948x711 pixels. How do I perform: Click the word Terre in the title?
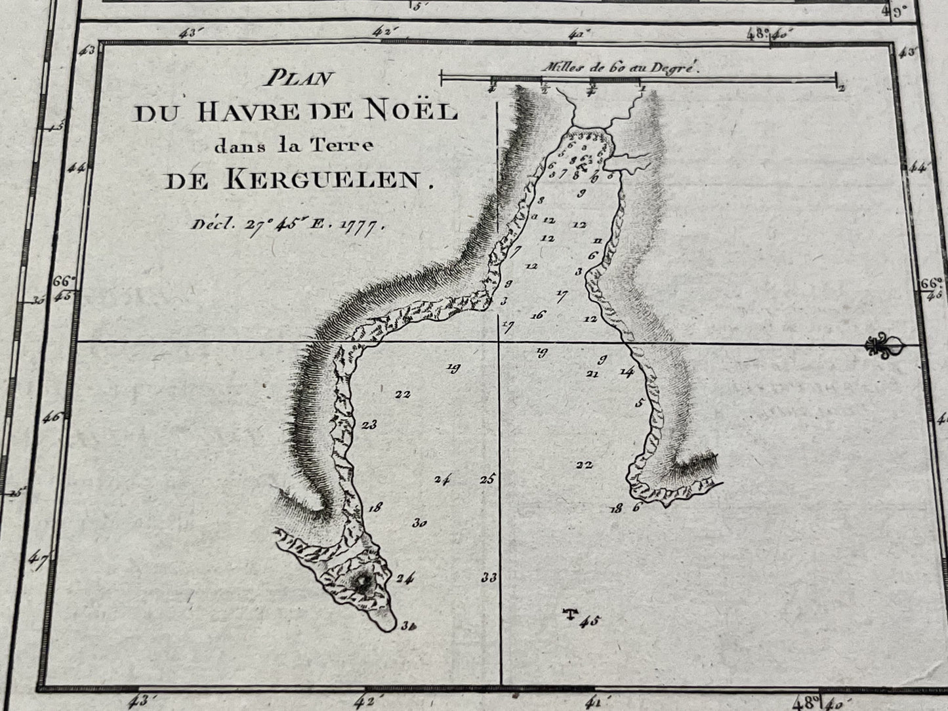(344, 145)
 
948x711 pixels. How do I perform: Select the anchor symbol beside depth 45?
(571, 614)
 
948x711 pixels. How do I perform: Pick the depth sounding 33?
(489, 578)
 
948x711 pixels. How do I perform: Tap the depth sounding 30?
(421, 523)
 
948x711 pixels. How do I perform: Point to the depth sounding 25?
(487, 479)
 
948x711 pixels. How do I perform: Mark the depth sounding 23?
(369, 424)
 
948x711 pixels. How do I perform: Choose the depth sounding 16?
(539, 315)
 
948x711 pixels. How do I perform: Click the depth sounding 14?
(627, 372)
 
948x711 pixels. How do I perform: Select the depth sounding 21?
(592, 374)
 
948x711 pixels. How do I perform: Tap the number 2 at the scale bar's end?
(840, 88)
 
